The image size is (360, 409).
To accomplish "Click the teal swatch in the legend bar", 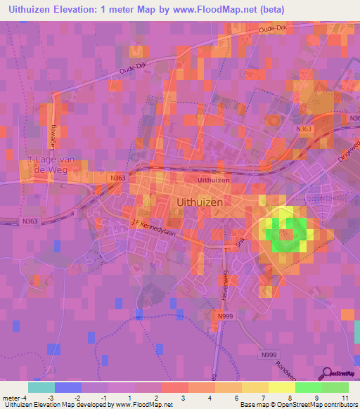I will click(41, 387).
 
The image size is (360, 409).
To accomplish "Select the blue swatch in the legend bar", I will click(67, 387).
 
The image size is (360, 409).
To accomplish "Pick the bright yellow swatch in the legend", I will click(281, 387).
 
